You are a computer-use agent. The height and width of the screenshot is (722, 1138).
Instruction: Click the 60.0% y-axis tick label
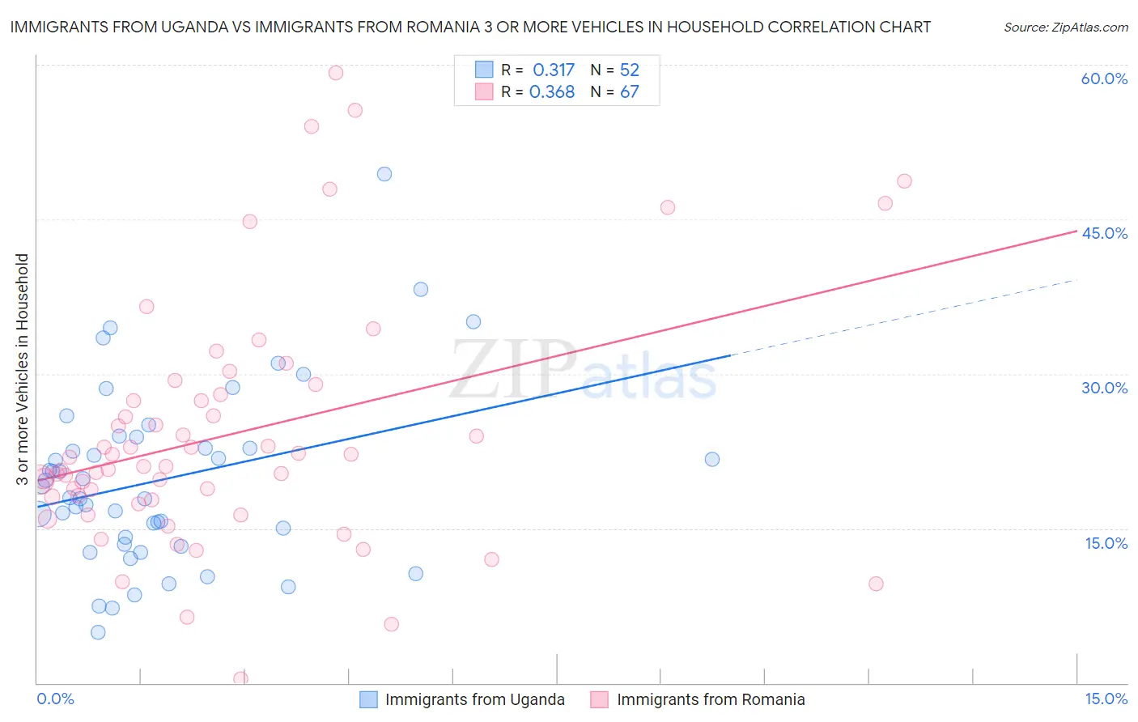tap(1104, 79)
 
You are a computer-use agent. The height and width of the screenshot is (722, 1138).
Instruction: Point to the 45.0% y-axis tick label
tap(1104, 233)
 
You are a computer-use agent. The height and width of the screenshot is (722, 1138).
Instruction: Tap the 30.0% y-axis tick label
tap(1104, 388)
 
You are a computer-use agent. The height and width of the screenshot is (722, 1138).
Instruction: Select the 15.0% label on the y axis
tap(1106, 543)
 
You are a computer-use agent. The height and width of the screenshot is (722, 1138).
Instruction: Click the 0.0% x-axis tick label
tap(55, 699)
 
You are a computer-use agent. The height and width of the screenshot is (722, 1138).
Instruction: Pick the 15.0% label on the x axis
tap(1106, 699)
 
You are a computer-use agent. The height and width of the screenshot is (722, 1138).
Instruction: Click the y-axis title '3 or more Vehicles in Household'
tap(22, 369)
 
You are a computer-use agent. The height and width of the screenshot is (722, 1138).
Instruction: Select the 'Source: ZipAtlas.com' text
tap(1065, 27)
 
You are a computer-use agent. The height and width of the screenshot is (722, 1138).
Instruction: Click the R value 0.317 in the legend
tap(554, 70)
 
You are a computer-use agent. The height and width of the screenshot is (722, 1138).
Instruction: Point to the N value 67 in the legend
tap(629, 92)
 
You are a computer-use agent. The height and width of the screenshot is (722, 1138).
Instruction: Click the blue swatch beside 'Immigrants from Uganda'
tap(369, 700)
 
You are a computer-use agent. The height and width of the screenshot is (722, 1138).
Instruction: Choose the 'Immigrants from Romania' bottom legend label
tap(711, 700)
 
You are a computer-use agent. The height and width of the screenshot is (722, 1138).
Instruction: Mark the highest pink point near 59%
tap(336, 73)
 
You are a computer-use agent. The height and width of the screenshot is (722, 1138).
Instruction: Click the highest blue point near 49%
tap(384, 174)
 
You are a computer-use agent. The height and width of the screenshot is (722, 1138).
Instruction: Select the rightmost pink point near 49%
tap(904, 181)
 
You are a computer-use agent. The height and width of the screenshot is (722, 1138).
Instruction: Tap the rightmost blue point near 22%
tap(712, 459)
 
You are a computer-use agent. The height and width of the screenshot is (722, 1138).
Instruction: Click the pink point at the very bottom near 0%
tap(240, 679)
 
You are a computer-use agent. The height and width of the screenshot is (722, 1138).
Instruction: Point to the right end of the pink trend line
tap(1076, 231)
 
